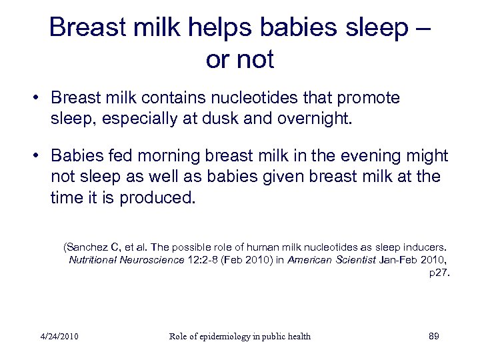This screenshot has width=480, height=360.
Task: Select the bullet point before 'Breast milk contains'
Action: coord(39,99)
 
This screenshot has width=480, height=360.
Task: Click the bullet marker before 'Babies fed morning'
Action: coord(39,156)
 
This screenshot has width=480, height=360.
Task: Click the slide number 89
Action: coord(433,336)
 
